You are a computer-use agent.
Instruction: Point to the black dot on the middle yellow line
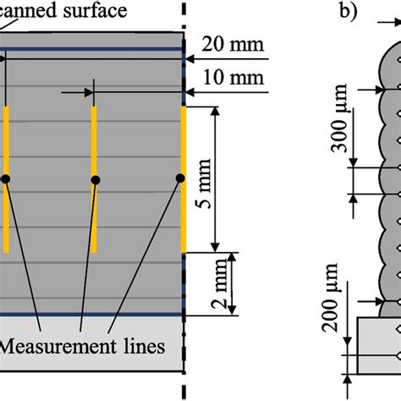coord(95,179)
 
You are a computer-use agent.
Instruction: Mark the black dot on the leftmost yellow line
coord(5,179)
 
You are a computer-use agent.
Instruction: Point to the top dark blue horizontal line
coord(93,50)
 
